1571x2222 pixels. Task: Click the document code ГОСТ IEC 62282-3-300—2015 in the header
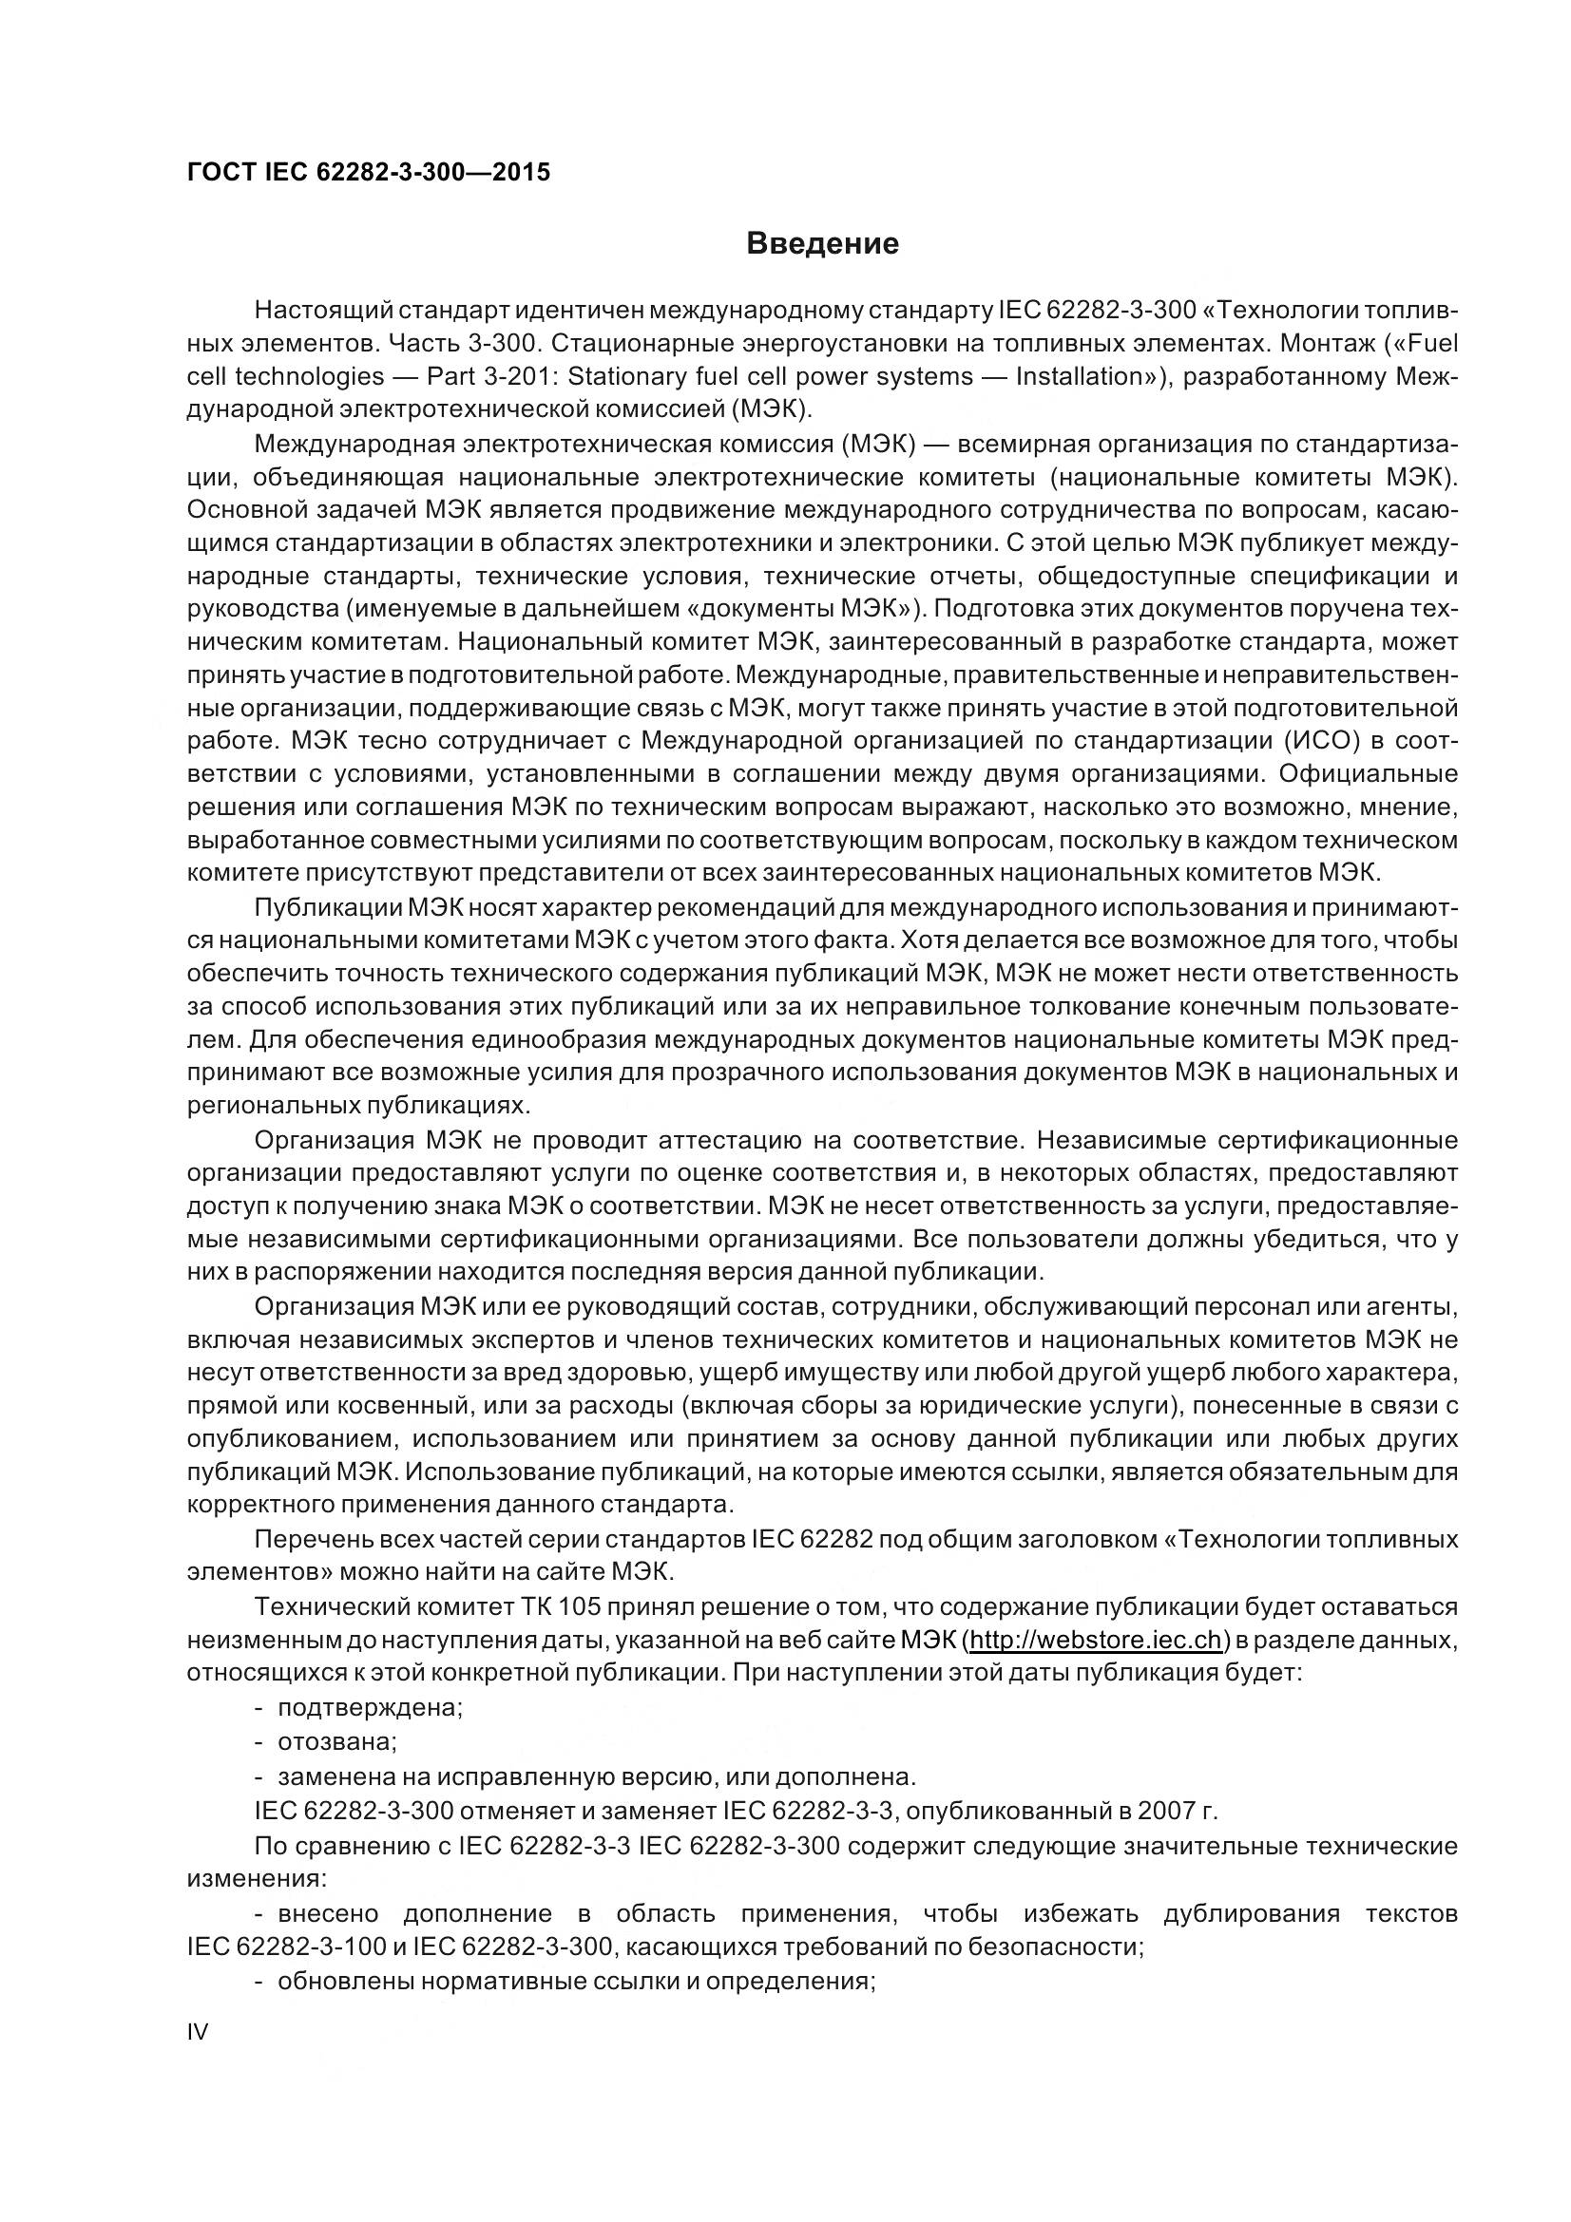coord(368,172)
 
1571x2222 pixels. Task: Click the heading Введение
coord(822,244)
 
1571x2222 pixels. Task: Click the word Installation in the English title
coord(1079,376)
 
